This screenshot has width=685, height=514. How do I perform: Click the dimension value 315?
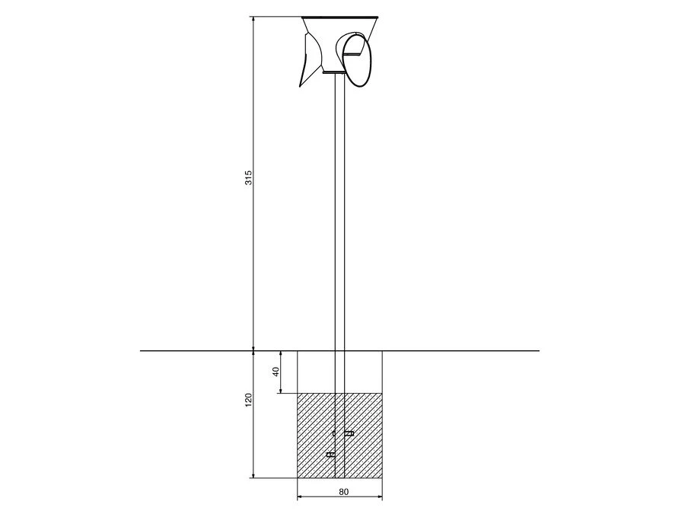(248, 177)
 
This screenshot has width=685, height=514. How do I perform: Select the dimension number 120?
(249, 400)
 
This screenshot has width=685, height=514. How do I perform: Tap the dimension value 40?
(276, 372)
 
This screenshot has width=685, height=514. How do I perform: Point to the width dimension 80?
(344, 492)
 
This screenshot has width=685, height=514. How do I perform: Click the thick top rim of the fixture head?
(339, 18)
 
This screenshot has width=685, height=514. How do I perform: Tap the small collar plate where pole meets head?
(334, 73)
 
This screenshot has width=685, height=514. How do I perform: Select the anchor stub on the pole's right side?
(349, 433)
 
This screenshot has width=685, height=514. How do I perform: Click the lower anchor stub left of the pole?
(331, 455)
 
